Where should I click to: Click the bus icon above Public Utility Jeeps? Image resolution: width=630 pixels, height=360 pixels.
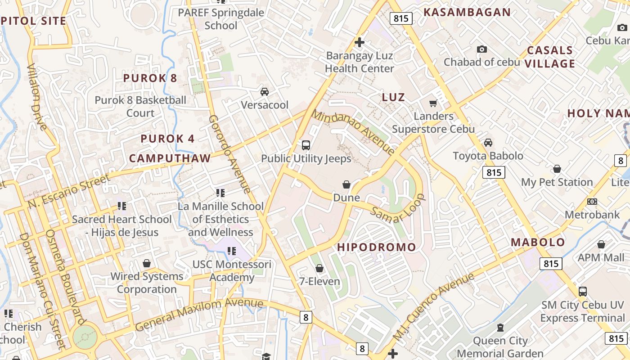pos(306,145)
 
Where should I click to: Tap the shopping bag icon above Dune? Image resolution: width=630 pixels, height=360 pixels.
pos(346,184)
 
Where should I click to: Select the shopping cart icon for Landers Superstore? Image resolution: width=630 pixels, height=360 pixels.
pos(433,103)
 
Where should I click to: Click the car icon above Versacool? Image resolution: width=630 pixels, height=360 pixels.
pos(265,92)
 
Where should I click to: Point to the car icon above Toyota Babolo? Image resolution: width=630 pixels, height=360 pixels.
pos(488,143)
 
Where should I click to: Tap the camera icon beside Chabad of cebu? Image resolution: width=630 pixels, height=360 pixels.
pos(482,49)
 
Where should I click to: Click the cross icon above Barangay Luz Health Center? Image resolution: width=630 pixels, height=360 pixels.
pos(359,43)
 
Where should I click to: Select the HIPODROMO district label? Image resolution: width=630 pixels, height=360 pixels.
pos(377,247)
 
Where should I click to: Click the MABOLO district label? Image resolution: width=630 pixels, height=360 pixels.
pos(538,242)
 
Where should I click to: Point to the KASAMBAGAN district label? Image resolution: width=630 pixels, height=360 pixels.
pos(467,12)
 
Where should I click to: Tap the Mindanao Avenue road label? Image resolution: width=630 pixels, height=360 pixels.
pos(353,131)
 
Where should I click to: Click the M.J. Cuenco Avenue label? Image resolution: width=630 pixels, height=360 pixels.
pos(433,306)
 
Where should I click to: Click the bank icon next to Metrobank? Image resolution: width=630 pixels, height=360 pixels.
pos(592,202)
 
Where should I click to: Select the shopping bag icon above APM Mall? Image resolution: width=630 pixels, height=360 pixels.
pos(601,244)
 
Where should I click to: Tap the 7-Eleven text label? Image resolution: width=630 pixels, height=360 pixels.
pos(319,282)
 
